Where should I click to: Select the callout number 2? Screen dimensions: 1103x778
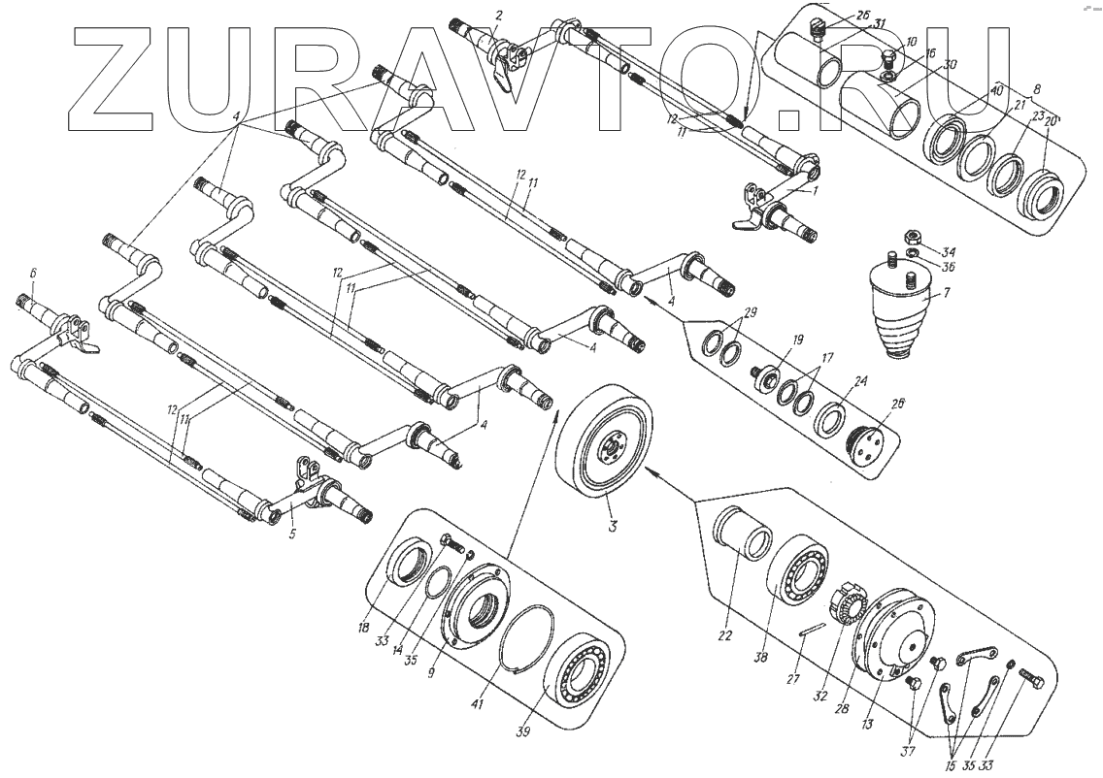coord(498,15)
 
